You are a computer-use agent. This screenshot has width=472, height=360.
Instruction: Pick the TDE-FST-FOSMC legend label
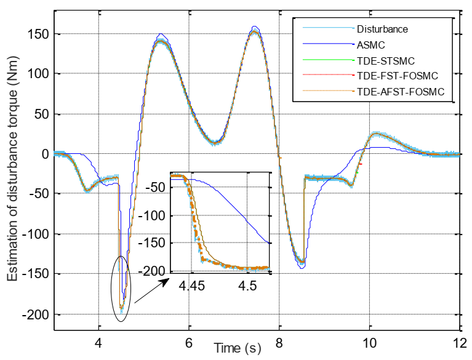pos(396,77)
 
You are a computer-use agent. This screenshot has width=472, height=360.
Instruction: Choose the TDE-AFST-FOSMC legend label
pos(398,93)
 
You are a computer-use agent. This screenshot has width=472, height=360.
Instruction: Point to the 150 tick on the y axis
pos(39,34)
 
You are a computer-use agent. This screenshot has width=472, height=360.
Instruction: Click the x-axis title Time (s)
pos(238,349)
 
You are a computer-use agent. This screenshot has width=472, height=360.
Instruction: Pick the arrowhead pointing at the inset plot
pos(169,280)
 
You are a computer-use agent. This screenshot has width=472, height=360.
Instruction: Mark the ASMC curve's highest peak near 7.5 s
pos(255,26)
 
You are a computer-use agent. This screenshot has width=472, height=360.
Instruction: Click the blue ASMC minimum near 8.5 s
pos(302,268)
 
